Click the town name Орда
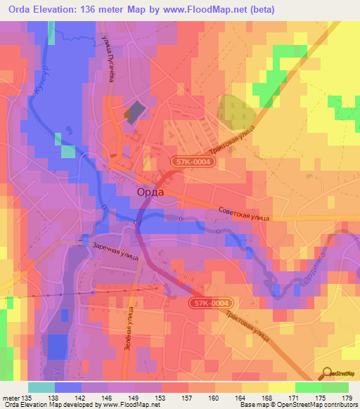[147, 190]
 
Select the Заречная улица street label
[117, 252]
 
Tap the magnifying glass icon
[327, 374]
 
